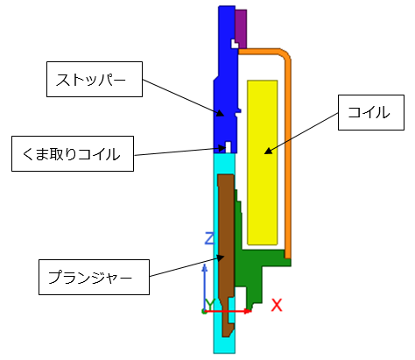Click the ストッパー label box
95,79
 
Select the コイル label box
371,112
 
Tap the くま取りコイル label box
73,153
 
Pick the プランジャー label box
94,277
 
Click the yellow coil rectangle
262,162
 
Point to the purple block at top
241,29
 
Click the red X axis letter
277,306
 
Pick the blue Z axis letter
210,238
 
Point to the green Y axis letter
210,305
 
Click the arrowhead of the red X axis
248,311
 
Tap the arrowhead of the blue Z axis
205,268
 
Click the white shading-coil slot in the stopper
229,147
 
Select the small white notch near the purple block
235,44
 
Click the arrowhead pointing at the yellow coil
268,152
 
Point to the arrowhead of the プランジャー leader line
220,258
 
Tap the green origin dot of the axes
204,312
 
